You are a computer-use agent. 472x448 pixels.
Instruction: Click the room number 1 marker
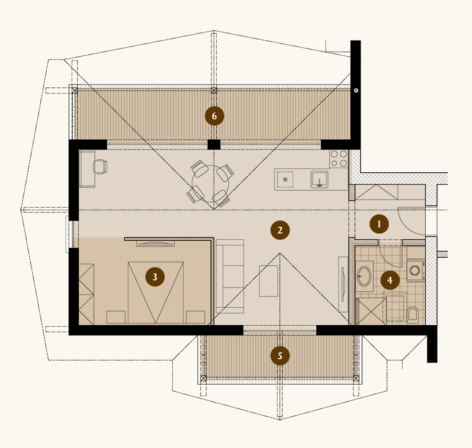pyautogui.click(x=379, y=224)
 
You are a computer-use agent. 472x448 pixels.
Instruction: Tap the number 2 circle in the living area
pyautogui.click(x=280, y=230)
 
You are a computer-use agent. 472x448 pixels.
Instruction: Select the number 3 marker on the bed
pyautogui.click(x=155, y=277)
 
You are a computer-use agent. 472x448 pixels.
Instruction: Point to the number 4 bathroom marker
pyautogui.click(x=390, y=280)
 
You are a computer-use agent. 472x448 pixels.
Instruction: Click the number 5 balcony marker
pyautogui.click(x=280, y=356)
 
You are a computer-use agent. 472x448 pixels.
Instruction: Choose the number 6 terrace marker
pyautogui.click(x=214, y=116)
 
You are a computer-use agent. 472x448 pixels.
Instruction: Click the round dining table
pyautogui.click(x=211, y=184)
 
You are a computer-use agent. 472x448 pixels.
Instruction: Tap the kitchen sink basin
pyautogui.click(x=320, y=180)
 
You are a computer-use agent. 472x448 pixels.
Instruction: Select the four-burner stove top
pyautogui.click(x=338, y=159)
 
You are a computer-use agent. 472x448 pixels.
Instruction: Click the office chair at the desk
pyautogui.click(x=100, y=167)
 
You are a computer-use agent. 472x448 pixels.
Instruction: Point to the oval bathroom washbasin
pyautogui.click(x=364, y=276)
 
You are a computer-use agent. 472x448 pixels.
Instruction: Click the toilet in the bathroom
pyautogui.click(x=413, y=314)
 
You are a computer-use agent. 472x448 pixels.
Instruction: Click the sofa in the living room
pyautogui.click(x=230, y=276)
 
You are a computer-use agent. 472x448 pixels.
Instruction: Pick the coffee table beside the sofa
pyautogui.click(x=269, y=281)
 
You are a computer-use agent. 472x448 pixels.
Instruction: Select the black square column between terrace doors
pyautogui.click(x=214, y=144)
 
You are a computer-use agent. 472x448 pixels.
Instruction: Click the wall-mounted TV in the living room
pyautogui.click(x=343, y=284)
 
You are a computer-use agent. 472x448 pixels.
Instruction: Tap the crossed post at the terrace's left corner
pyautogui.click(x=75, y=90)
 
